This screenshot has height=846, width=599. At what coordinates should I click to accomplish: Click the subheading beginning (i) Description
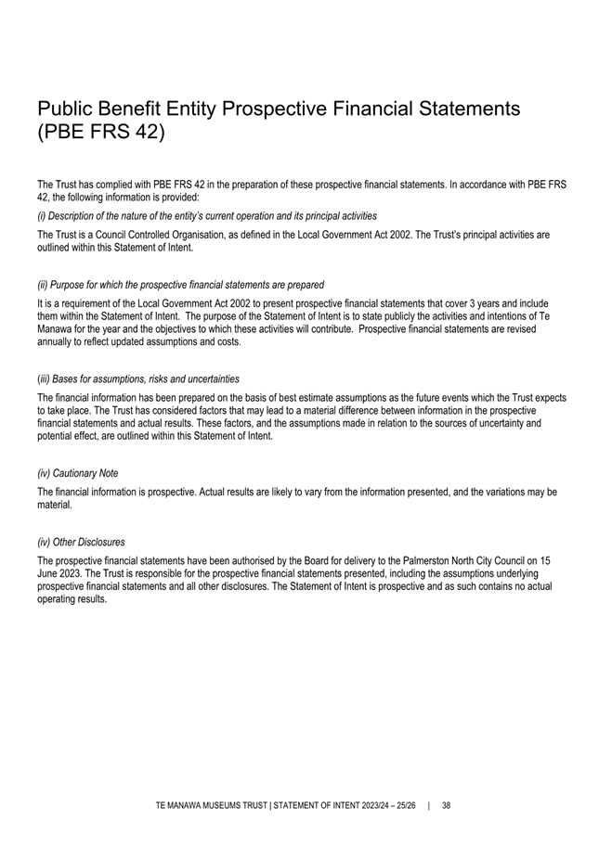(x=206, y=215)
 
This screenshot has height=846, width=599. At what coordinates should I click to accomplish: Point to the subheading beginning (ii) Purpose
(x=180, y=284)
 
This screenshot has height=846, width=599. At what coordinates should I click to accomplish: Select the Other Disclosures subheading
(x=81, y=542)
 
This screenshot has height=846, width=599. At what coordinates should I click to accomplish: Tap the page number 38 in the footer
(x=446, y=805)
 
